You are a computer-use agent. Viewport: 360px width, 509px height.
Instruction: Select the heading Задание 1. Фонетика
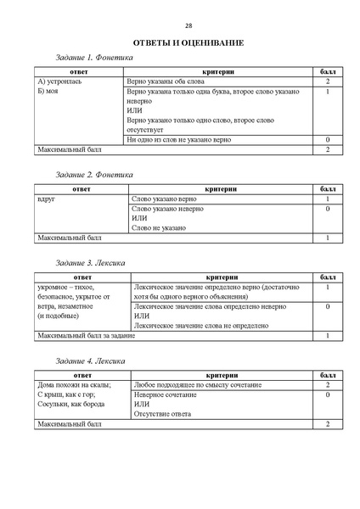click(94, 58)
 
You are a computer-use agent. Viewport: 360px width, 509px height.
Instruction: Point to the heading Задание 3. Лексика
click(91, 263)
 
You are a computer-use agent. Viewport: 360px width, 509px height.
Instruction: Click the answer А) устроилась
click(61, 81)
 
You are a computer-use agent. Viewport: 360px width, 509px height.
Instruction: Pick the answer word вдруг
click(47, 199)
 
